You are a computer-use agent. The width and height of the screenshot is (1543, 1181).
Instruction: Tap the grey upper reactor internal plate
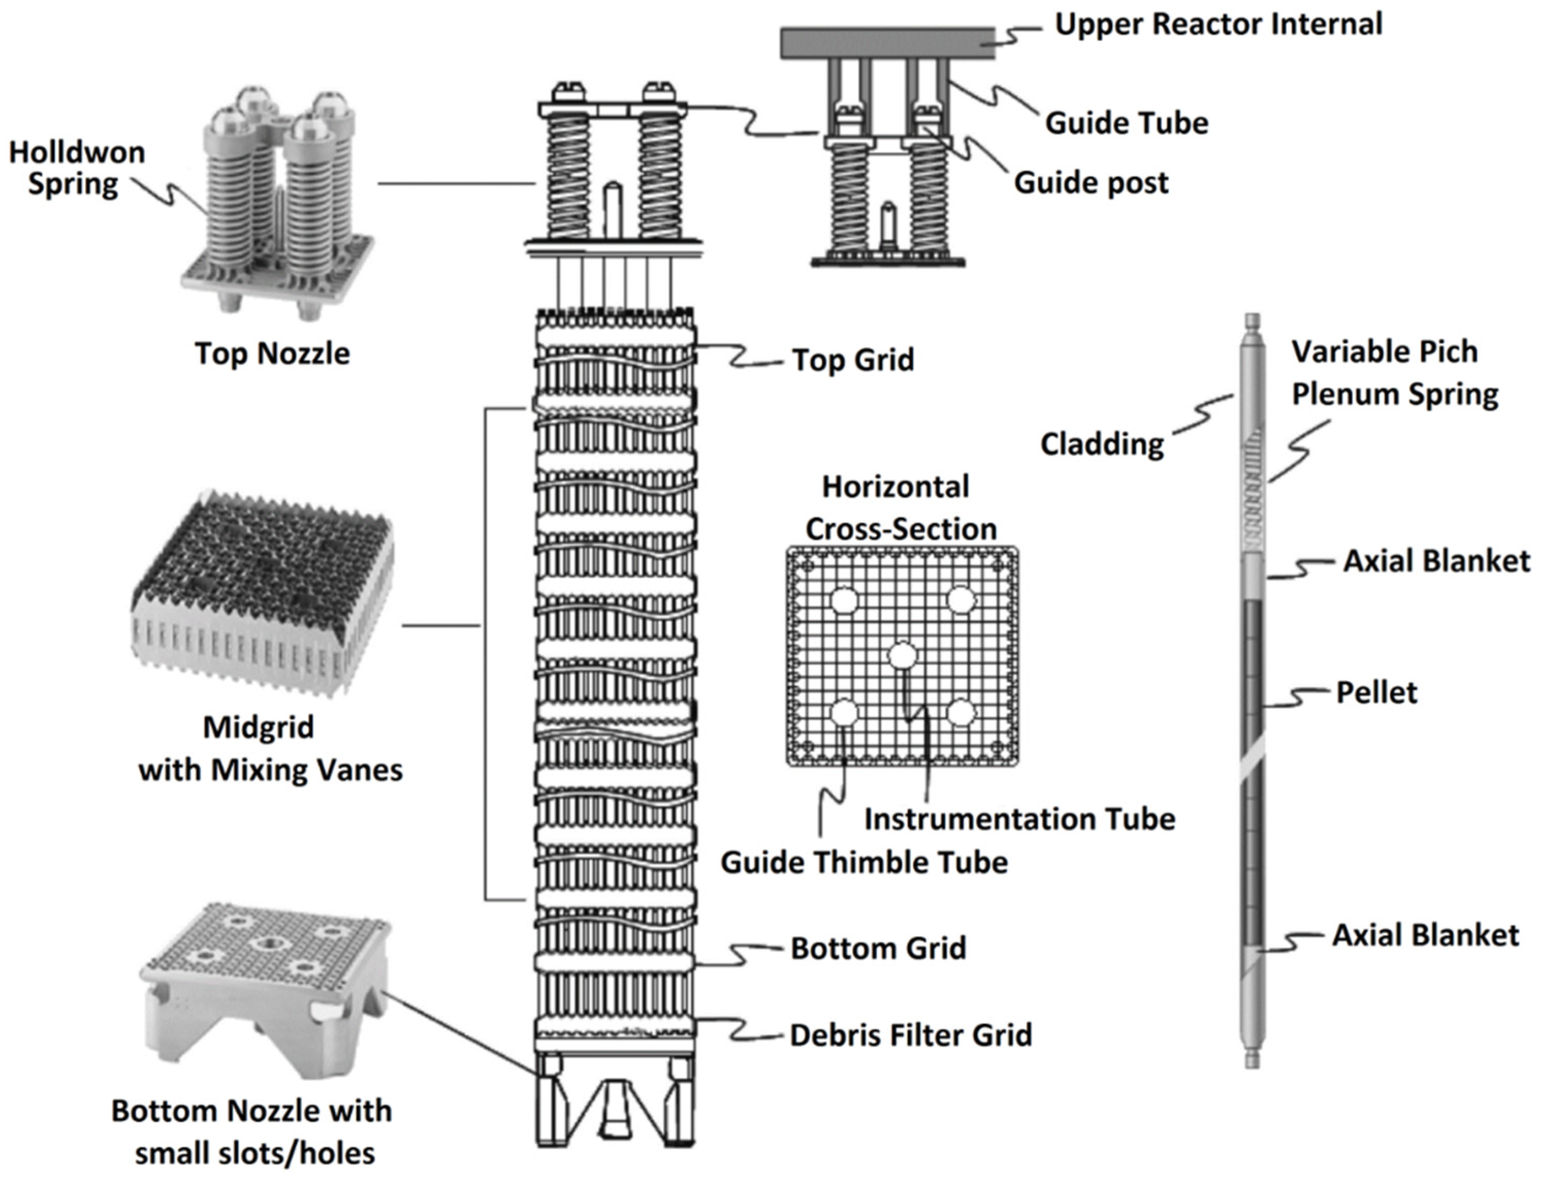(887, 43)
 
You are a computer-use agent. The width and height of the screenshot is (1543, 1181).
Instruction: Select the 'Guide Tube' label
(1126, 123)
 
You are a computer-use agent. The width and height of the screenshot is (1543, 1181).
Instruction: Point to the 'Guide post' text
(1090, 183)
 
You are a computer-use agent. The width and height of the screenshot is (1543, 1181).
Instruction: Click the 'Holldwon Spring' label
(76, 168)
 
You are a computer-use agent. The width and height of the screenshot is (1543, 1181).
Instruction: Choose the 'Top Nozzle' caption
(272, 353)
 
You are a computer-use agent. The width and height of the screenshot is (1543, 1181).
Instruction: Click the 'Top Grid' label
(853, 360)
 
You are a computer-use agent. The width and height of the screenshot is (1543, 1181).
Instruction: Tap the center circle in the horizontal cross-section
(902, 656)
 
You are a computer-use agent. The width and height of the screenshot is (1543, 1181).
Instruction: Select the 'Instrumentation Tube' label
(1019, 819)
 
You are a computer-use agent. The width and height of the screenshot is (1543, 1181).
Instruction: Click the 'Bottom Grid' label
(878, 948)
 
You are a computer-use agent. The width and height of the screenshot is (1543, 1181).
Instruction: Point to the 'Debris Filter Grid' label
(910, 1035)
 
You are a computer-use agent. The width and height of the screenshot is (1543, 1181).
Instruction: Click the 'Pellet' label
(1376, 693)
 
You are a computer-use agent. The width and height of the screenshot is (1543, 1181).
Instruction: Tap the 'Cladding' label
(1102, 444)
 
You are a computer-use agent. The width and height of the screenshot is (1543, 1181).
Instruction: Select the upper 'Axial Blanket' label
(1436, 561)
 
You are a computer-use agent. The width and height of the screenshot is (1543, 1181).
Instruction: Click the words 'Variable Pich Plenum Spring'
(1393, 373)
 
